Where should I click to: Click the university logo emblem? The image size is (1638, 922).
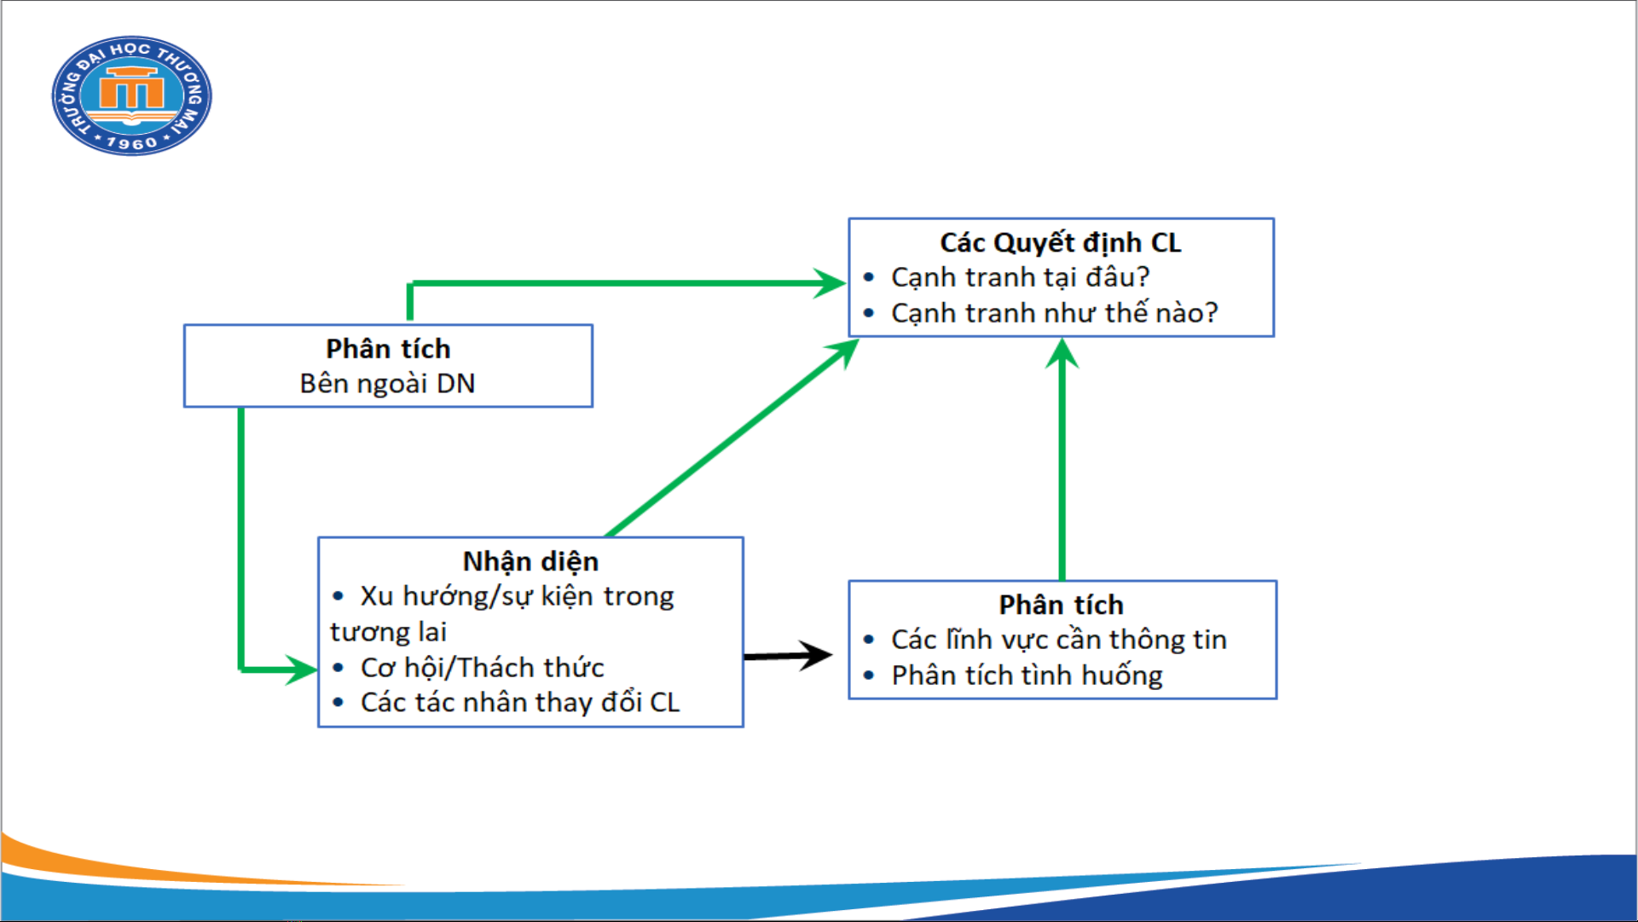131,96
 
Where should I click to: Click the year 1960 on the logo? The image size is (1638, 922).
132,142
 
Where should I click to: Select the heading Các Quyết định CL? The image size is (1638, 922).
1060,243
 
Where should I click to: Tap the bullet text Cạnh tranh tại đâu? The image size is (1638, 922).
1020,278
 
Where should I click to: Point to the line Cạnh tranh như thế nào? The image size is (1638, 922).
1054,313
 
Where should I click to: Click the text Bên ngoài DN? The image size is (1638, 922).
387,384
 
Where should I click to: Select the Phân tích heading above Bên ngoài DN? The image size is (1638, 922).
388,349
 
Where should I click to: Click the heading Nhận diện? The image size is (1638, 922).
530,562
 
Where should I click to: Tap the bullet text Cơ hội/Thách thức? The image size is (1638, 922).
482,668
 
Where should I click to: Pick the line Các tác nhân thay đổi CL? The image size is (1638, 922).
519,703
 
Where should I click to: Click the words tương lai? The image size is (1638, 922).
388,632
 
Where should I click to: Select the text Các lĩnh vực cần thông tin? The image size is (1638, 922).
1058,640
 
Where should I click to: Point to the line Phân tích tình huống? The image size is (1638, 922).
1027,676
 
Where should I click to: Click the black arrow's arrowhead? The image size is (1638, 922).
815,655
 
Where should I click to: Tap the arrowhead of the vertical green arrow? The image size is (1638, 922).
1062,353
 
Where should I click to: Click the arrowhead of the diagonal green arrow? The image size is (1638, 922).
842,352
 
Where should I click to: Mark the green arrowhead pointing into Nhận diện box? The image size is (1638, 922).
301,670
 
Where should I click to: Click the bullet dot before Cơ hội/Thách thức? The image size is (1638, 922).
339,668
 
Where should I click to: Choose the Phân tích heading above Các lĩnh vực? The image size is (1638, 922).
1061,606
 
